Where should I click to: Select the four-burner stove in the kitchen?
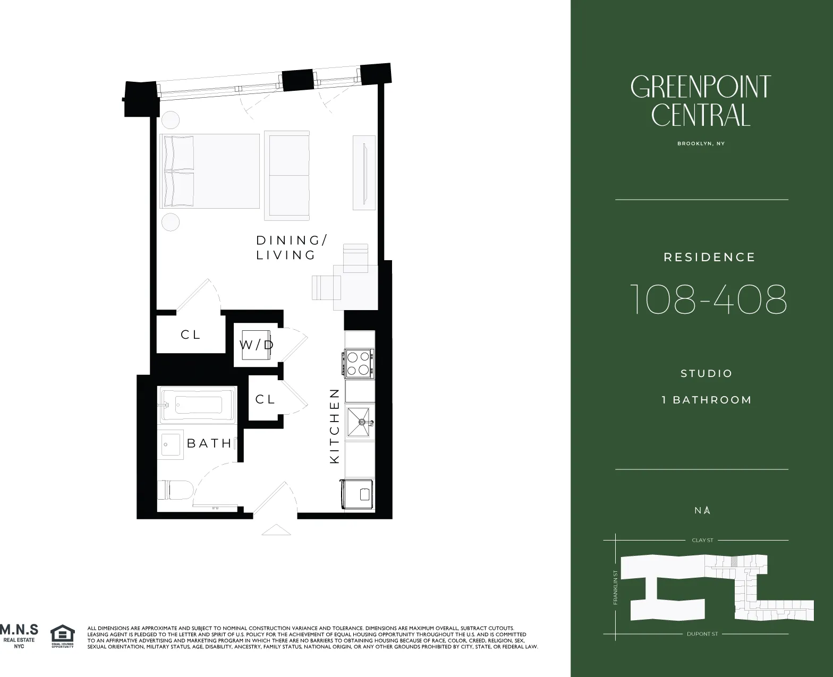coord(359,363)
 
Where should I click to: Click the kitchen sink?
coord(360,423)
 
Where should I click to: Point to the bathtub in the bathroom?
coord(197,405)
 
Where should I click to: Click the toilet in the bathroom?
coord(175,489)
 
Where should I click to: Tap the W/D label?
coord(257,345)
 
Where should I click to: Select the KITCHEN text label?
coord(335,426)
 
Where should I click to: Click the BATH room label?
coord(209,443)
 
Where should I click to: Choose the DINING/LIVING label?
coord(291,247)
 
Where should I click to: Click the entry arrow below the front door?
coord(276,529)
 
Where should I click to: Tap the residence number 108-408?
coord(708,299)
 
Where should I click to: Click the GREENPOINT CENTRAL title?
coord(701,101)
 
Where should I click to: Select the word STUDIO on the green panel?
coord(707,373)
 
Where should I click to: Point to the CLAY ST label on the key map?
coord(702,540)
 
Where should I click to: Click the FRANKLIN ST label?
coord(615,587)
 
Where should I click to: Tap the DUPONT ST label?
coord(702,634)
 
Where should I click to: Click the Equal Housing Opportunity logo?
coord(62,636)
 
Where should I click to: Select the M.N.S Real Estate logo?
coord(19,635)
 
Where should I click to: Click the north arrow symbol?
coord(707,510)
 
